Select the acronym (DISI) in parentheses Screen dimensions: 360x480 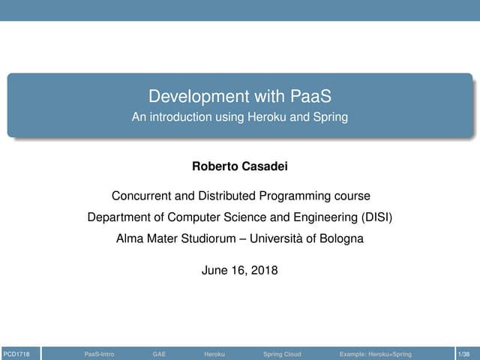pos(371,218)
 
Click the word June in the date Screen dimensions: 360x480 pos(214,271)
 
